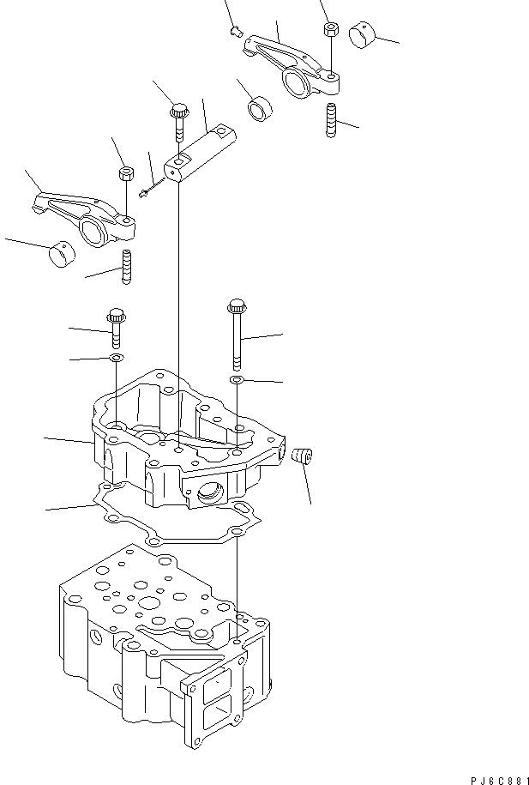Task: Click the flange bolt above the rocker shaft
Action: click(x=179, y=120)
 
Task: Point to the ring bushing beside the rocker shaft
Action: click(x=258, y=110)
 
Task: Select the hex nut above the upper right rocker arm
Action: click(x=330, y=29)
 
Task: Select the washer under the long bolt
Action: click(x=237, y=378)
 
